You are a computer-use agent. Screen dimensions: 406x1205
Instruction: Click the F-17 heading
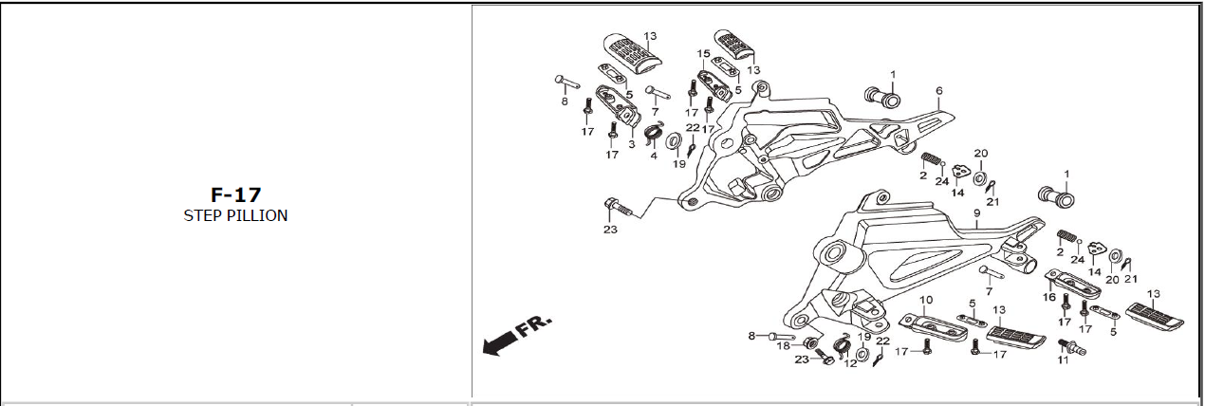[x=235, y=195]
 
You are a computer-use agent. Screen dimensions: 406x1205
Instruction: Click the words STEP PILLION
[x=235, y=215]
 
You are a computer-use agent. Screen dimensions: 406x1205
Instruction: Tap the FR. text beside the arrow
[x=533, y=328]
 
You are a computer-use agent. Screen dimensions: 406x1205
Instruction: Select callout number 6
[x=938, y=92]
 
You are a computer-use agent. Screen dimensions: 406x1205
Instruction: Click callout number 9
[x=975, y=214]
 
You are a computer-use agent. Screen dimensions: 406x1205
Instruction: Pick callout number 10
[x=926, y=300]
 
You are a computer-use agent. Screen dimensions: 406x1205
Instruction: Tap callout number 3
[x=631, y=144]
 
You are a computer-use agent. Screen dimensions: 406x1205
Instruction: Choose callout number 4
[x=653, y=156]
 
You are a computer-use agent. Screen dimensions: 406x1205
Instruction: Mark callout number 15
[x=703, y=54]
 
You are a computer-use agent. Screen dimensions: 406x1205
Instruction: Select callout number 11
[x=1063, y=360]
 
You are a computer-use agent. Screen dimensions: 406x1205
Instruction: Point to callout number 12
[x=850, y=362]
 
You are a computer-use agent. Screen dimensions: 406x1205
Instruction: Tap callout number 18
[x=784, y=346]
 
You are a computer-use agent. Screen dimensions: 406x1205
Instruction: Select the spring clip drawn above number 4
[x=652, y=134]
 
